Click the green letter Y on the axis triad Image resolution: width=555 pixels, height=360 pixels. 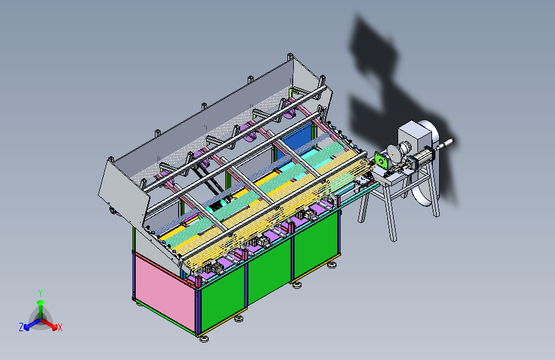pyautogui.click(x=40, y=293)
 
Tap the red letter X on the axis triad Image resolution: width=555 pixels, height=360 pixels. pyautogui.click(x=60, y=327)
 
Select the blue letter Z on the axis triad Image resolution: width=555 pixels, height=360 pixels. pyautogui.click(x=21, y=327)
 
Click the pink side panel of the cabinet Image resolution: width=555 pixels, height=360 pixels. pyautogui.click(x=165, y=293)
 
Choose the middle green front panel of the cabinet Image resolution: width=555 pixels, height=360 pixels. pyautogui.click(x=270, y=270)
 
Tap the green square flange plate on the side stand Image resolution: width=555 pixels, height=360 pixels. pyautogui.click(x=382, y=161)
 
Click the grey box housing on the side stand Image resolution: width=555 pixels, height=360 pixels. pyautogui.click(x=415, y=136)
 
